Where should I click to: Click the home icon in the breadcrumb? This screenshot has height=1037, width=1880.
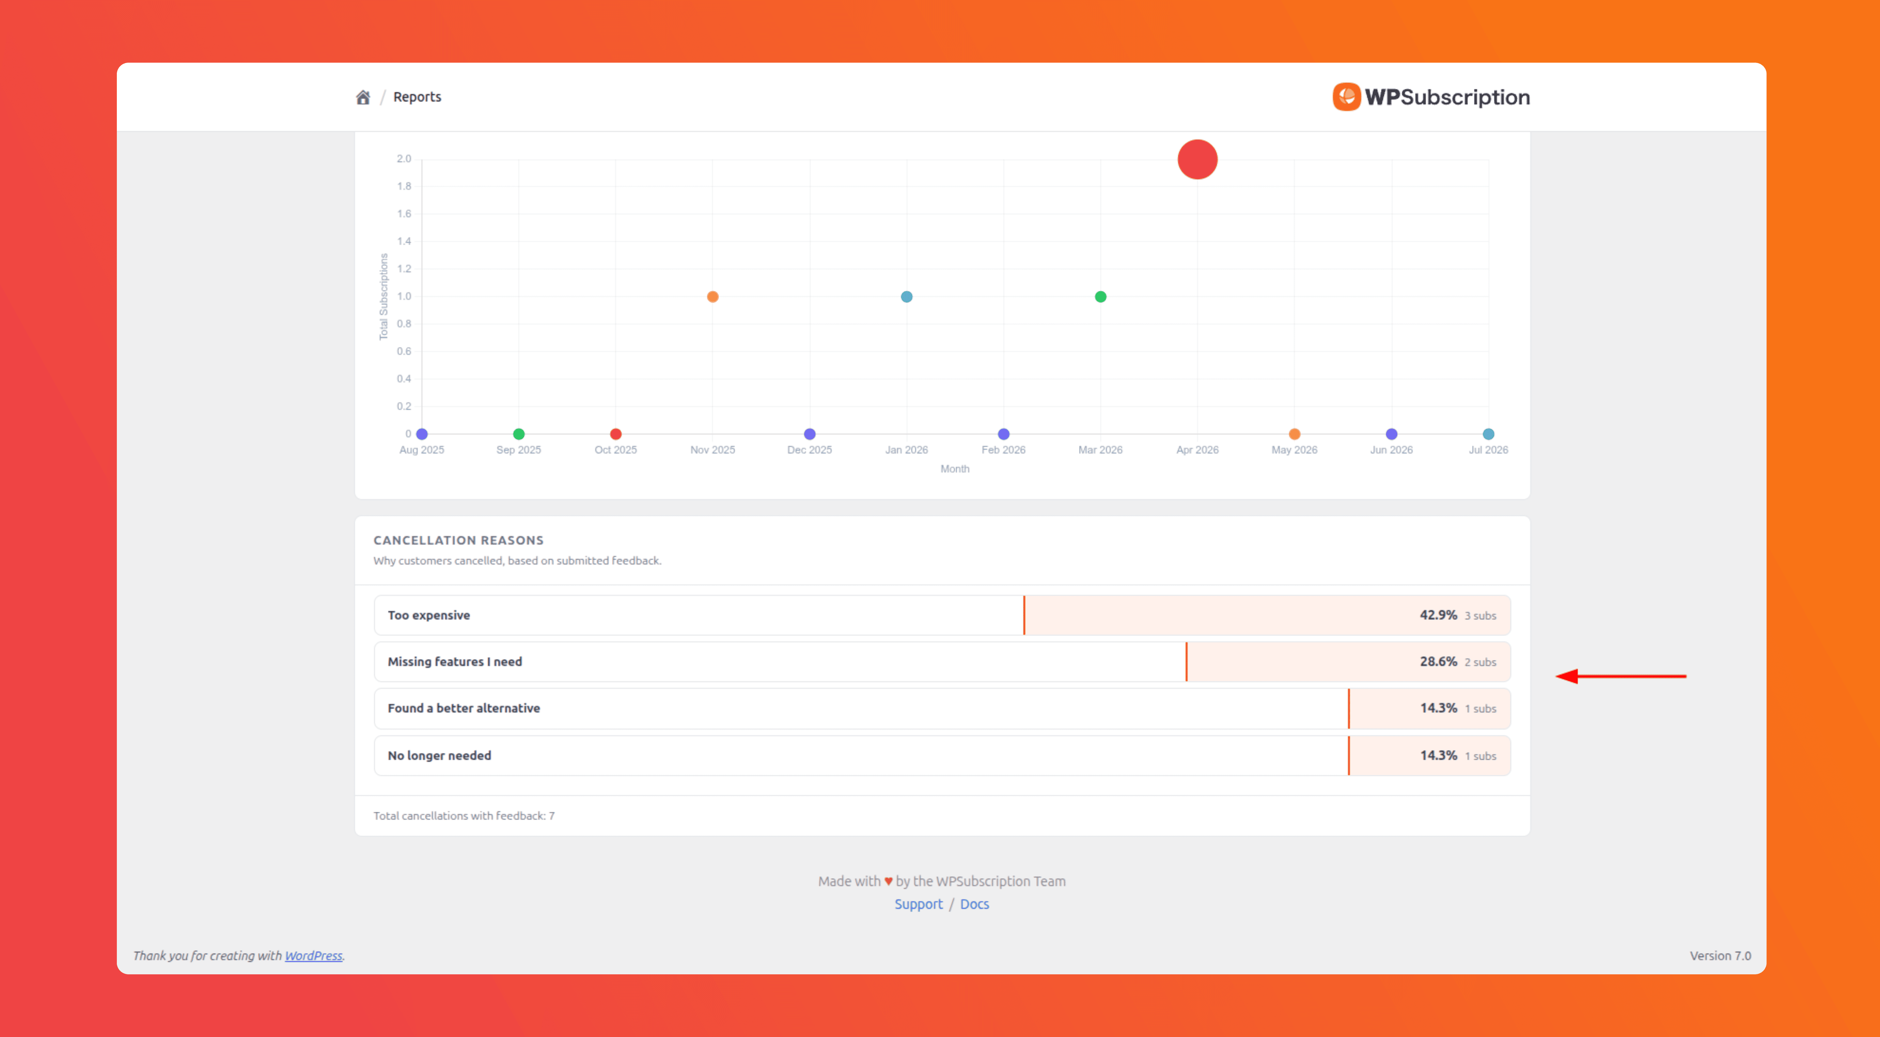363,97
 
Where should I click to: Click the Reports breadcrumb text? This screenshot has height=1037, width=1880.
417,97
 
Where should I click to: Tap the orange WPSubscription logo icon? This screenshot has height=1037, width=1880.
1346,97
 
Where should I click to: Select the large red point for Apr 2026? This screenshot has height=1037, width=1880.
1198,159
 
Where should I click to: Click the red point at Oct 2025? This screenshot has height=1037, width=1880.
616,434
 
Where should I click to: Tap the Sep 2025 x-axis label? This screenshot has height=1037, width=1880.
519,449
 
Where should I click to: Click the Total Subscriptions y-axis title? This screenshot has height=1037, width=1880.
384,296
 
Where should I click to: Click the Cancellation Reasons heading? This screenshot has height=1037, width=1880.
458,540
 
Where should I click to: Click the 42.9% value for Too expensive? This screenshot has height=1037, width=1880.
1438,615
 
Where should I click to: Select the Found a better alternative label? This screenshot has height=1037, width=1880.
463,708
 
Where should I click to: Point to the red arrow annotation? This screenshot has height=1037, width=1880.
1621,677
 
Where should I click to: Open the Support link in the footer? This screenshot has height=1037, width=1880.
918,904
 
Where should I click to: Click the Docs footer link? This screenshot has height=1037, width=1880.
974,904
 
